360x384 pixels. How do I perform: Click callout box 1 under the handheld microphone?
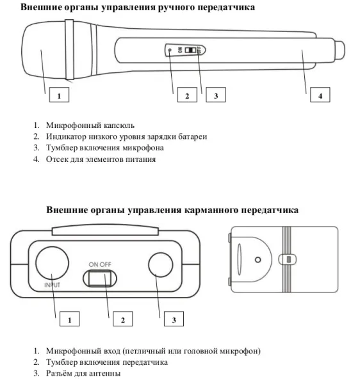tap(59, 95)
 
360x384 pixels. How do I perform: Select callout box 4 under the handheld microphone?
tap(320, 95)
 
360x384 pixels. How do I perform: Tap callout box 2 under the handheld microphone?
tap(187, 95)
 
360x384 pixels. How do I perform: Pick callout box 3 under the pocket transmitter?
tap(174, 319)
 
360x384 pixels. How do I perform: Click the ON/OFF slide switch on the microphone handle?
tap(190, 50)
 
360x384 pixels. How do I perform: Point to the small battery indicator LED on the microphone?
tap(170, 50)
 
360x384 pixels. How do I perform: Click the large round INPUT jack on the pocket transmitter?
tap(52, 263)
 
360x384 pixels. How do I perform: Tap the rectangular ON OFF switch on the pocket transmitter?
tap(100, 278)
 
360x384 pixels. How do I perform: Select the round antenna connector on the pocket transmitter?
tap(161, 265)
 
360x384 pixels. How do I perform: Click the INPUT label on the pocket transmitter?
tap(52, 285)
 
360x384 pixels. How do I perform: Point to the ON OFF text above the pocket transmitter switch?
tap(100, 264)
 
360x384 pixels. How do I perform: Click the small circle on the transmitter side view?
tap(258, 260)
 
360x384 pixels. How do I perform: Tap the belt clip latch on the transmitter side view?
tap(288, 259)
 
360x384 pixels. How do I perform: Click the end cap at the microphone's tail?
tap(340, 50)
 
